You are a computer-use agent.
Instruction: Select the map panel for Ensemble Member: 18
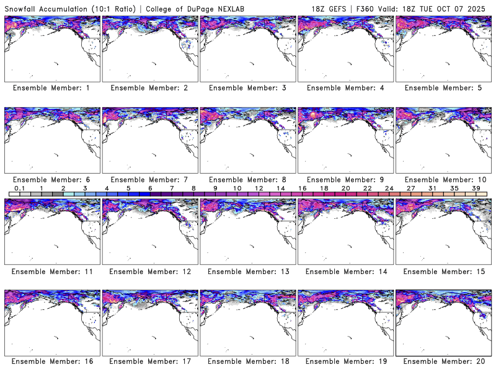pyautogui.click(x=247, y=322)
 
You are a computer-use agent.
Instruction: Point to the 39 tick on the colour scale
pyautogui.click(x=476, y=188)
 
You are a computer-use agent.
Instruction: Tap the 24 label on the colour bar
pyautogui.click(x=389, y=188)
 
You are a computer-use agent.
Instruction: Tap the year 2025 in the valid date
pyautogui.click(x=480, y=7)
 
